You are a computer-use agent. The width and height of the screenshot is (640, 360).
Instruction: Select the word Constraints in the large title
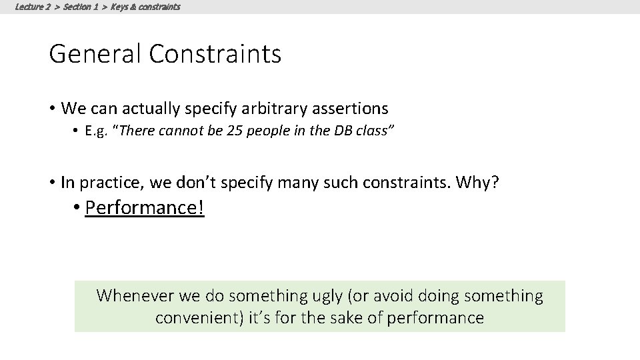[215, 54]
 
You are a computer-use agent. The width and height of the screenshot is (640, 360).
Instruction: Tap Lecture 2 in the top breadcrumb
[33, 7]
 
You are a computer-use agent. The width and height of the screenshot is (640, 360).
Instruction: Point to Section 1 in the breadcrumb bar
[81, 7]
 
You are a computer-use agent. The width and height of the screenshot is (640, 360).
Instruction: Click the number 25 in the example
[234, 131]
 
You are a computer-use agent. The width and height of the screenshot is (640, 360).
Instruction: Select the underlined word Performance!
[145, 208]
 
